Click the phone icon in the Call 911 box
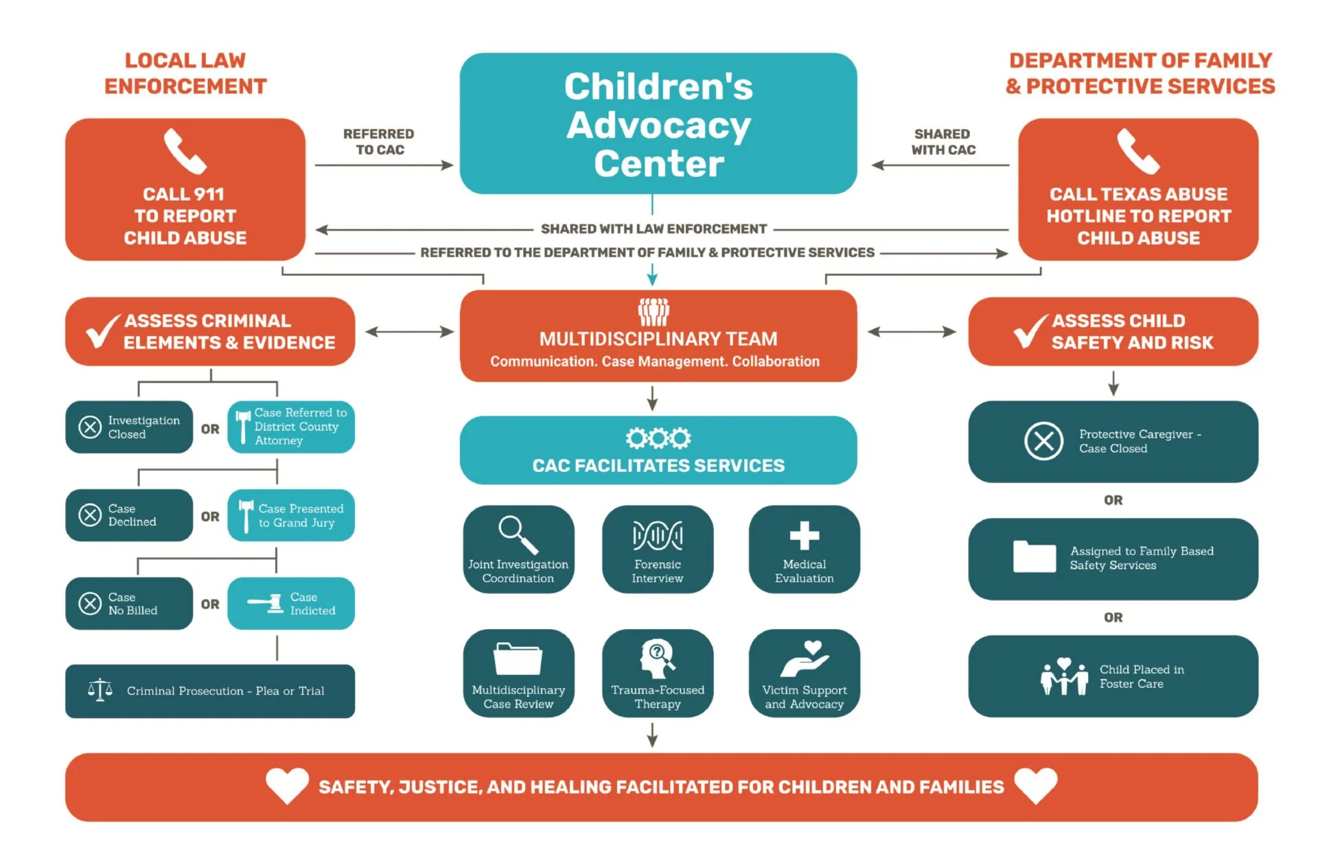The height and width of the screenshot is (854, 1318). (185, 152)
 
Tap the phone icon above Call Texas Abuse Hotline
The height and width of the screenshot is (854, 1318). (1137, 152)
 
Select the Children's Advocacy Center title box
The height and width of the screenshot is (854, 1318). (658, 123)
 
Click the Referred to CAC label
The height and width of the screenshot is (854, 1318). (379, 142)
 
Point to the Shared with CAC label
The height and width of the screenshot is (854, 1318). (943, 142)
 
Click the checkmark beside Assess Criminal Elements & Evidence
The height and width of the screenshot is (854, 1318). (102, 331)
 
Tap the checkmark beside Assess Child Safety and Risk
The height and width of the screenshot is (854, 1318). (1030, 331)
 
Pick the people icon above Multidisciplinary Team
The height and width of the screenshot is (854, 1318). (654, 312)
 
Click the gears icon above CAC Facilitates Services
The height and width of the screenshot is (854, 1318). (658, 438)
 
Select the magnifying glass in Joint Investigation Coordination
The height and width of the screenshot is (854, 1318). (518, 534)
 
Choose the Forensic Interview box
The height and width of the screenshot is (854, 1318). (657, 549)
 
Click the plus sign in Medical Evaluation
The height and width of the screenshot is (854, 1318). (804, 536)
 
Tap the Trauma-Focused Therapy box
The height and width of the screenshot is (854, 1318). (657, 673)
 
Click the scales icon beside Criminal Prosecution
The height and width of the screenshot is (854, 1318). (100, 690)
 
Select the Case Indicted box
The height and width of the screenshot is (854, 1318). (291, 604)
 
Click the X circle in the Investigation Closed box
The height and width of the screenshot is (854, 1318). (90, 427)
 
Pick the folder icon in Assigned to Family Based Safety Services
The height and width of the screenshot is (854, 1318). (1034, 556)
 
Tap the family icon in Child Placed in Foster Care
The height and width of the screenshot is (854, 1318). (1063, 676)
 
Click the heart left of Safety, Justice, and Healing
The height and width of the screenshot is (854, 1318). (287, 785)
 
